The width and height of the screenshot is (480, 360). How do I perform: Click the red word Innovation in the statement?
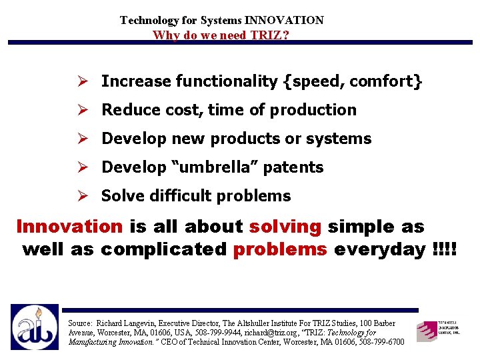69,227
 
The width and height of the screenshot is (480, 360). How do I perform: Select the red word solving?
285,227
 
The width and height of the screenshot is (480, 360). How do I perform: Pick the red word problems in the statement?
280,249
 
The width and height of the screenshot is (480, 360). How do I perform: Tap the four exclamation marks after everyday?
445,249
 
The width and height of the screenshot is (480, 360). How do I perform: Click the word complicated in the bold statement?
164,249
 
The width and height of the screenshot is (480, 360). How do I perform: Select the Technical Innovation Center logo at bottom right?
438,329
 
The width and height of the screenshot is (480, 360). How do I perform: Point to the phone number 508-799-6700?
378,342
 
